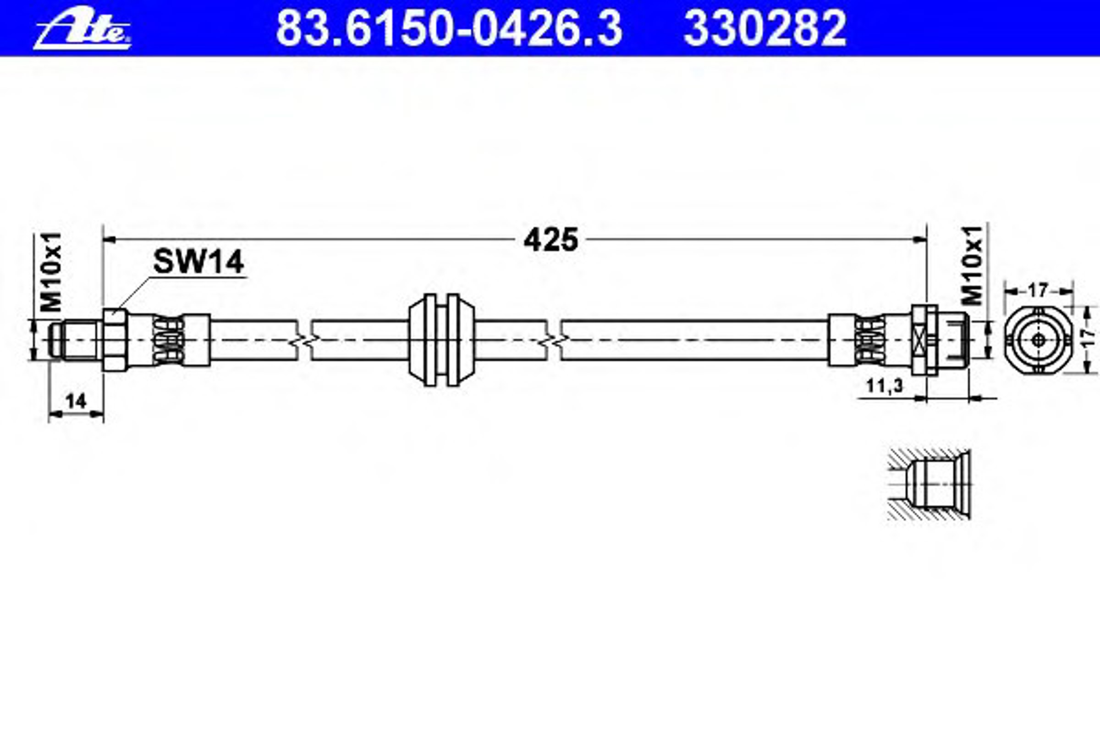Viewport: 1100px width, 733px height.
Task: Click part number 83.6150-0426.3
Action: click(x=449, y=29)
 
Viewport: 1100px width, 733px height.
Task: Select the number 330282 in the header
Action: click(x=765, y=29)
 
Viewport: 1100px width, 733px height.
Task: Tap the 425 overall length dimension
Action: click(x=551, y=240)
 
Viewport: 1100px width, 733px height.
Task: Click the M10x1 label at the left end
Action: click(x=51, y=272)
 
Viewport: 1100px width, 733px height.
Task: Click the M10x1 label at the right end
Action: click(x=973, y=265)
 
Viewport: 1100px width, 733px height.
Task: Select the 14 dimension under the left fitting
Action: click(x=76, y=401)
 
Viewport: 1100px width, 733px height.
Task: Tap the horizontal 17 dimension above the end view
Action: click(x=1037, y=290)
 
